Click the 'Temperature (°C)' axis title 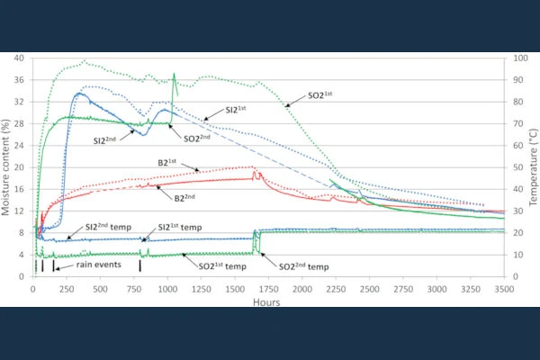[x=533, y=166]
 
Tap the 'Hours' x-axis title [x=266, y=302]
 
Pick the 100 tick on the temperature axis [x=517, y=58]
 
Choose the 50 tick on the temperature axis [x=515, y=167]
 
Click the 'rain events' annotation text [x=86, y=266]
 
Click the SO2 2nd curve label [x=201, y=139]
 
